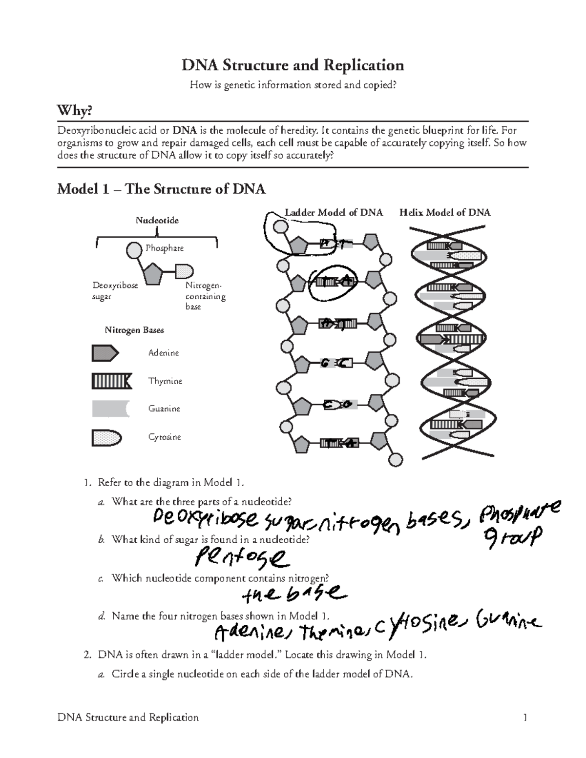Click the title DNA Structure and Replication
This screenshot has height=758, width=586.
[x=293, y=65]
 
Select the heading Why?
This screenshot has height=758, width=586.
[x=74, y=111]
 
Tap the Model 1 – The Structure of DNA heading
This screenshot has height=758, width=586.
[x=161, y=189]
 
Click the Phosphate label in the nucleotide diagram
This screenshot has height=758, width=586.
[x=165, y=248]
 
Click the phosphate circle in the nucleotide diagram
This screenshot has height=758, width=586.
[x=134, y=250]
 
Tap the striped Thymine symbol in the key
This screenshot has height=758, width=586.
[x=111, y=381]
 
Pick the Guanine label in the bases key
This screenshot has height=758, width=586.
[x=164, y=409]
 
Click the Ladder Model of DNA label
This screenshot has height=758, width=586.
[x=334, y=212]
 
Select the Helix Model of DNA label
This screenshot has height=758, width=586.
[x=445, y=212]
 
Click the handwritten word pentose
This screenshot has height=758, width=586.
[x=240, y=556]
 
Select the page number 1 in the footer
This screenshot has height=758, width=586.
[x=525, y=717]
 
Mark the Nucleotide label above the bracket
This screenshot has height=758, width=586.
[x=157, y=221]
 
